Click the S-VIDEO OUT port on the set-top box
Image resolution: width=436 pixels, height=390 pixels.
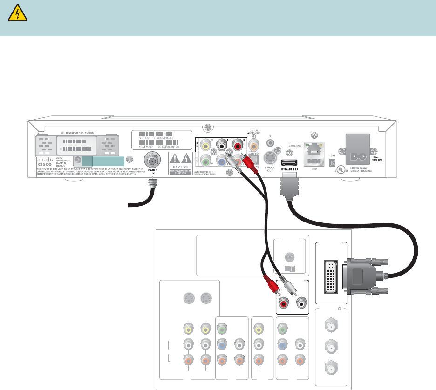pos(269,157)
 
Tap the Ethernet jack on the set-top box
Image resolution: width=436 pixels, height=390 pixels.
pos(311,148)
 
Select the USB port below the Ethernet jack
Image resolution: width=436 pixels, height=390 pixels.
pos(311,161)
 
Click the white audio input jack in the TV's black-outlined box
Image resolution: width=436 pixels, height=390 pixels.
pos(302,304)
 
